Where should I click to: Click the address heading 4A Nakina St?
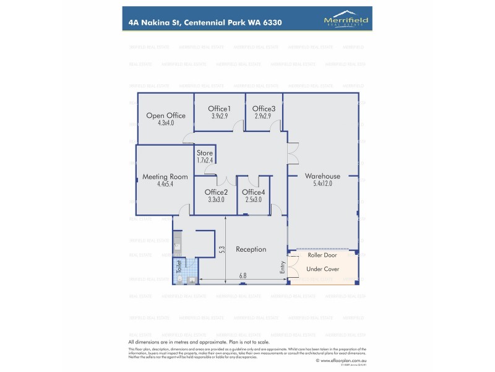[205, 22]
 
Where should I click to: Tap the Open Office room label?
[166, 115]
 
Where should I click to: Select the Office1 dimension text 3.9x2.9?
[220, 116]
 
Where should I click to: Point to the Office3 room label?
[264, 108]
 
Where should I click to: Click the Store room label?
[205, 153]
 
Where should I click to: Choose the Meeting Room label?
[165, 177]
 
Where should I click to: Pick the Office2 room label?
[216, 192]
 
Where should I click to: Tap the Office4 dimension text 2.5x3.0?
[254, 200]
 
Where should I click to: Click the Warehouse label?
[322, 176]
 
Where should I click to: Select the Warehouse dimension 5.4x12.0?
[322, 184]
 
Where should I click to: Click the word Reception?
[251, 249]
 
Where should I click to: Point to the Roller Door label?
[321, 255]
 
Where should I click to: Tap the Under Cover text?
[323, 269]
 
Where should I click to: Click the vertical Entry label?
[283, 267]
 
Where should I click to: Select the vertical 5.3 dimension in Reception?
[222, 249]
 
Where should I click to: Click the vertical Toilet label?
[179, 266]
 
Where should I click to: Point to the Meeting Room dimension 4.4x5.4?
[165, 184]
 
